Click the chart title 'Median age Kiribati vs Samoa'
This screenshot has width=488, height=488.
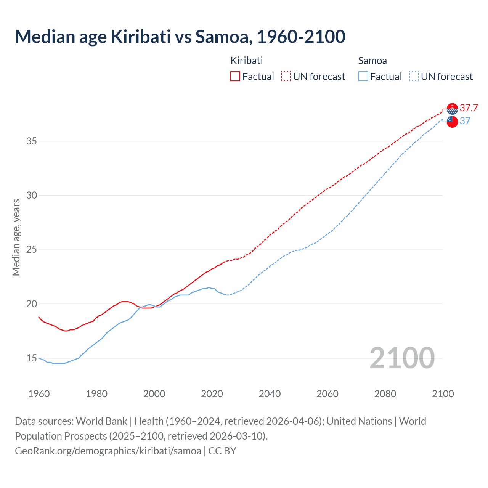(x=180, y=37)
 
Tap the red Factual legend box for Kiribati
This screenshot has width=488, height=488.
(x=235, y=76)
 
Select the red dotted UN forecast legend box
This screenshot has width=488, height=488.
(x=286, y=76)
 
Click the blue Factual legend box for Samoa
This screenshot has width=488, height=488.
(x=363, y=76)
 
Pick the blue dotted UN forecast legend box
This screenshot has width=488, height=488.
(x=414, y=76)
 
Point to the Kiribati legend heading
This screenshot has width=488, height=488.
(x=247, y=61)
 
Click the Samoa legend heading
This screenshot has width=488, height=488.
(x=372, y=61)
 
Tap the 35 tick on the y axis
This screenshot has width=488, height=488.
(x=31, y=141)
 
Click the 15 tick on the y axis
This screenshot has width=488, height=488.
(x=31, y=358)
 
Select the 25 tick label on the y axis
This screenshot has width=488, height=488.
(x=31, y=250)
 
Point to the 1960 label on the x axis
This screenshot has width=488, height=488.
(x=39, y=394)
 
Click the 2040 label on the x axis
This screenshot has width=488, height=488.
(x=270, y=394)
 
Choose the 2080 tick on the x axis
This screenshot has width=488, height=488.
(x=385, y=394)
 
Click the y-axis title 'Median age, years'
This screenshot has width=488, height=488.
(x=16, y=237)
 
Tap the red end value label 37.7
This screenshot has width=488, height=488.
(x=469, y=108)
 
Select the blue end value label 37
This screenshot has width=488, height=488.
(x=465, y=121)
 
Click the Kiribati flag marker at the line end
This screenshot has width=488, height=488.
(x=452, y=109)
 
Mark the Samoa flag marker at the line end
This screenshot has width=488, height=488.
(x=452, y=122)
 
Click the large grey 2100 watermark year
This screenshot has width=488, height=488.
(x=402, y=358)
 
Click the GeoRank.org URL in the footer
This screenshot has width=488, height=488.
(x=108, y=451)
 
